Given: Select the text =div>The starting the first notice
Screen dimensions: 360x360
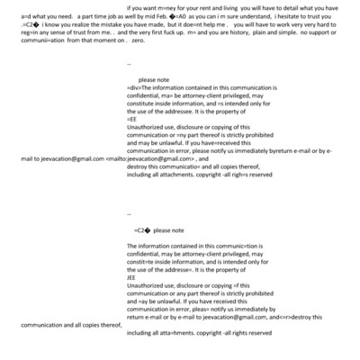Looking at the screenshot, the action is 141,87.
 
